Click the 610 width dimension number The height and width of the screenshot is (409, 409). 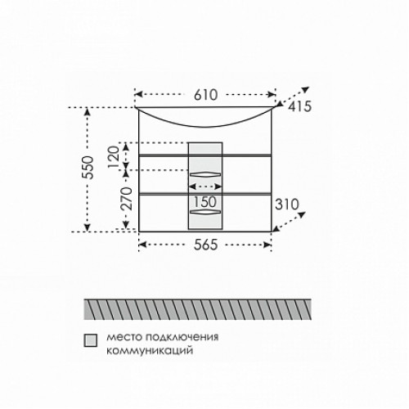click(x=206, y=95)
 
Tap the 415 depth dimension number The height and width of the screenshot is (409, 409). click(x=299, y=106)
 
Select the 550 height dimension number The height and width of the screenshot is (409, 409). click(x=88, y=168)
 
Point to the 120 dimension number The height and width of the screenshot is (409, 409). click(x=114, y=157)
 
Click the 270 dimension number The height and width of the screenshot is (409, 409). click(x=126, y=199)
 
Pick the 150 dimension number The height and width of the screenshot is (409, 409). click(x=205, y=202)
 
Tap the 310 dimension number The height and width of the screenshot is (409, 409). click(x=287, y=204)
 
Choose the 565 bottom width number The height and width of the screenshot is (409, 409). click(x=206, y=245)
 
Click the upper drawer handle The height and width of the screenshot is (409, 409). click(x=205, y=174)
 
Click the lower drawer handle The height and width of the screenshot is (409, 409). click(x=205, y=212)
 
